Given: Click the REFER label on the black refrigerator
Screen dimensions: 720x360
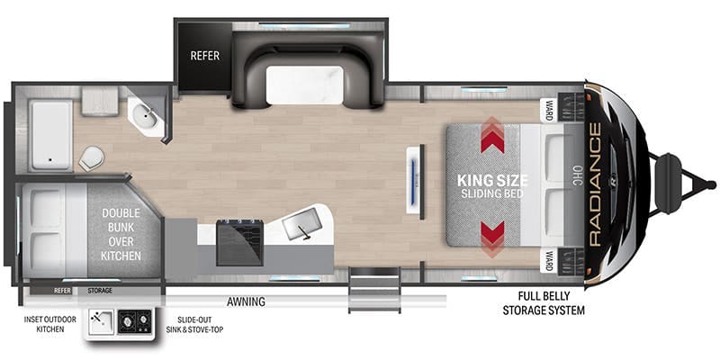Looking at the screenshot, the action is [205, 56].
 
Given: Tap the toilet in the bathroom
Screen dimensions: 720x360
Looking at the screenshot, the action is [92, 158].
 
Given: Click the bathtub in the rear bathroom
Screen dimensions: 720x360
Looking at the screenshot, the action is [50, 135].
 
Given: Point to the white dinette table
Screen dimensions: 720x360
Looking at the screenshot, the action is [304, 85].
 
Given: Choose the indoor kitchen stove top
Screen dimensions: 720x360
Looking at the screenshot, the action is [239, 242].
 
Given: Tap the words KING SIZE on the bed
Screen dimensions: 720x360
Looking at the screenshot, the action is [492, 181].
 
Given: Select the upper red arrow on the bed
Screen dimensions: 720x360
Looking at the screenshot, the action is [492, 136].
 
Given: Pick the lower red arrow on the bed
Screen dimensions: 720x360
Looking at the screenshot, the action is [492, 238].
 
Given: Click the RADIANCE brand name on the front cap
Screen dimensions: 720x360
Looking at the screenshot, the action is [594, 184].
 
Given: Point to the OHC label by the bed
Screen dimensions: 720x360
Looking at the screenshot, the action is [577, 176].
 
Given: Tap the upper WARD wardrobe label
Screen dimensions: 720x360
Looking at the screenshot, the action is [549, 110].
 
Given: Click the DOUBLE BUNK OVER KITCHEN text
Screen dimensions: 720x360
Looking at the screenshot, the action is [121, 234].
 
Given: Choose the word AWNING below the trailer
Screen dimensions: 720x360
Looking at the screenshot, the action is [246, 301].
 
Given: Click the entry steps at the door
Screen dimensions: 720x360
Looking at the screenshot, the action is [374, 290].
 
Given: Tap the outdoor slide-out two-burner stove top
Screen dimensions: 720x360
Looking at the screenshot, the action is [134, 322].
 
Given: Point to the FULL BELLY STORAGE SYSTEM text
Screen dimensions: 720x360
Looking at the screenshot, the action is [544, 303].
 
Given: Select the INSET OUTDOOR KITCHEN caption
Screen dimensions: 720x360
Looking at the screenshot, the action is [50, 324].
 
